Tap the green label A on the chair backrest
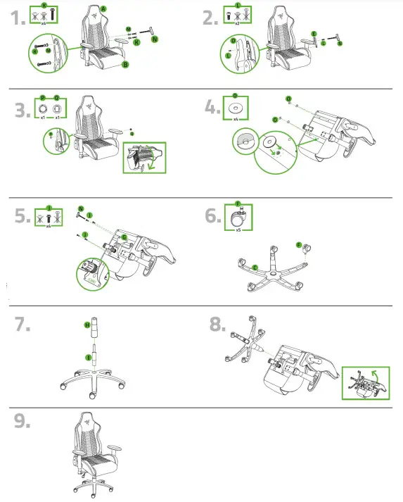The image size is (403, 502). tap(103, 8)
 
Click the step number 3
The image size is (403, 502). tap(23, 111)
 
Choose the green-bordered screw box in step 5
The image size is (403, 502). tap(49, 216)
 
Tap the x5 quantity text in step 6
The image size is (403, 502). tap(238, 229)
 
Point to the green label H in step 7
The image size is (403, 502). tap(87, 325)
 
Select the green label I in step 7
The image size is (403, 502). tap(88, 357)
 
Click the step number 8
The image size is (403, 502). tap(218, 324)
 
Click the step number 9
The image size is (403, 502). tap(23, 420)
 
